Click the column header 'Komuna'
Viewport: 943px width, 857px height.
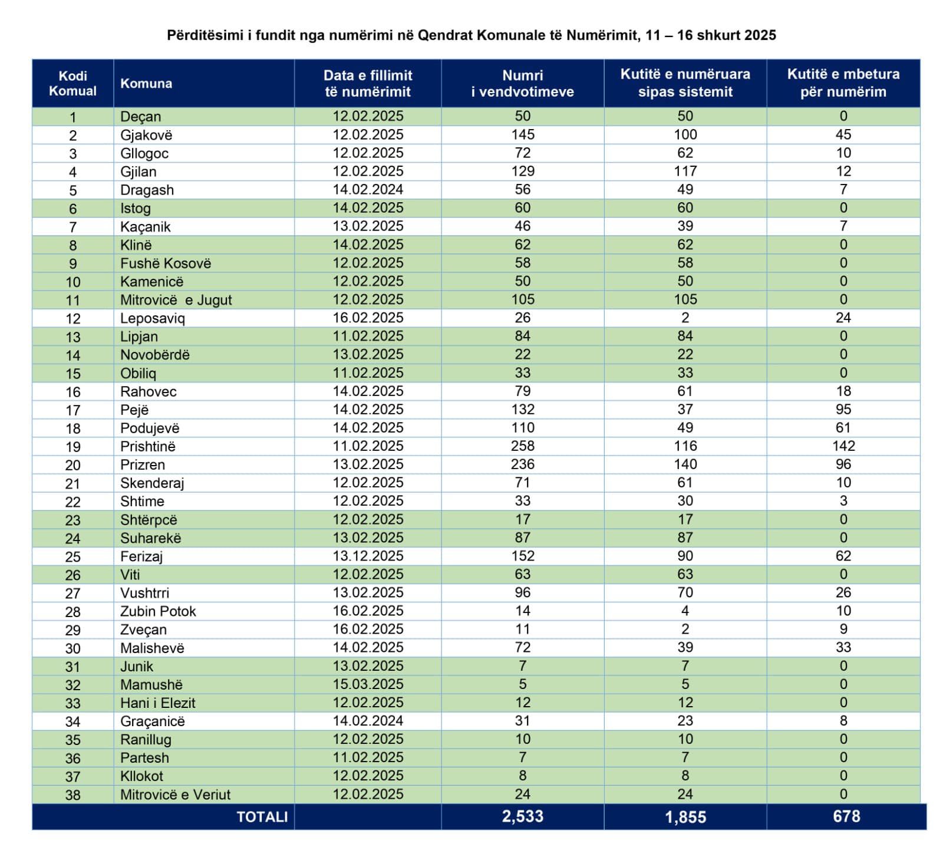click(146, 84)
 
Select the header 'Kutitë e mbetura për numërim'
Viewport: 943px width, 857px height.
click(843, 83)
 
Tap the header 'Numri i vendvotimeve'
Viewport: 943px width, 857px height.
click(522, 83)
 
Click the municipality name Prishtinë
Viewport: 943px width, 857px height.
click(148, 446)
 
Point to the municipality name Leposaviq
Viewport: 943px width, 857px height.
click(153, 318)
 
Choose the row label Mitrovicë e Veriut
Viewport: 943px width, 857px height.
click(175, 795)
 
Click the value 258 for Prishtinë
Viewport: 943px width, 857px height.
click(522, 446)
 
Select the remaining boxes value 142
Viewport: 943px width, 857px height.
click(843, 446)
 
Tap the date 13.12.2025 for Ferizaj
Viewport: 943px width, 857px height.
click(368, 556)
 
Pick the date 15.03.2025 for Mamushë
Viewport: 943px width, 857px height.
click(368, 684)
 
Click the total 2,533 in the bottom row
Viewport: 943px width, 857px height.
click(522, 816)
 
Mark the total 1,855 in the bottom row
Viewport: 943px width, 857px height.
click(685, 817)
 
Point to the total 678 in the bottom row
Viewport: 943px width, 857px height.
click(846, 816)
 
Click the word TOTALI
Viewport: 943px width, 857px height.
click(262, 817)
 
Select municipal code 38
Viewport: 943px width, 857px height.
click(72, 795)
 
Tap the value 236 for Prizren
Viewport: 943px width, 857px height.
click(522, 464)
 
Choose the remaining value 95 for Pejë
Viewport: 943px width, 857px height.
click(843, 409)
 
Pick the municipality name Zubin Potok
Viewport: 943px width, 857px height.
click(158, 611)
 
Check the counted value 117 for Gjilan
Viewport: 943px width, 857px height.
click(685, 172)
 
